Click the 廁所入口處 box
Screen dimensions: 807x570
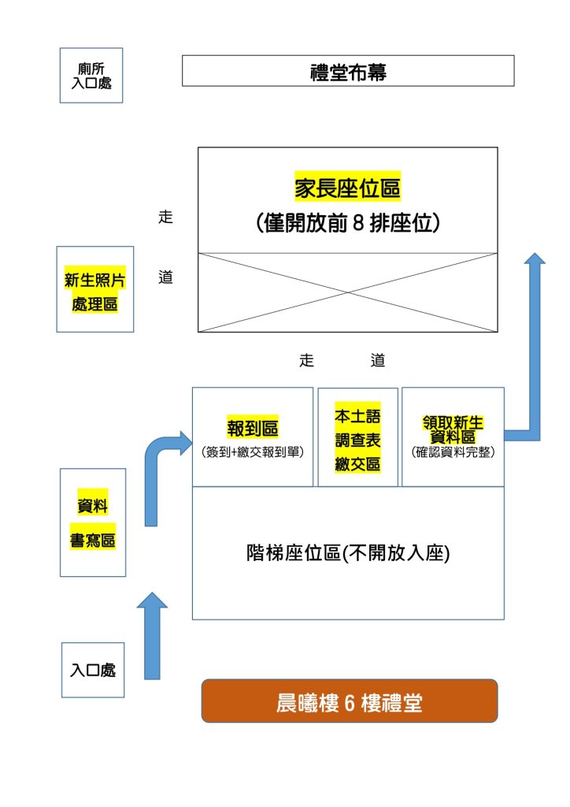(x=91, y=75)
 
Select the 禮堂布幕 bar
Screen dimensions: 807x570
(x=348, y=71)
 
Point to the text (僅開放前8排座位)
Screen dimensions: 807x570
(x=347, y=223)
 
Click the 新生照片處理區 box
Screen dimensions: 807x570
(x=95, y=288)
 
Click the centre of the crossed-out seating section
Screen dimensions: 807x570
(x=347, y=292)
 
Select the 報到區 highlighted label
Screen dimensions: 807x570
(x=252, y=427)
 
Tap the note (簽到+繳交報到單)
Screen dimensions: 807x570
(x=252, y=452)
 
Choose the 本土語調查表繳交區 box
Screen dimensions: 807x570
(x=357, y=437)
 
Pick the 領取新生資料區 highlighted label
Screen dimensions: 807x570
(x=452, y=430)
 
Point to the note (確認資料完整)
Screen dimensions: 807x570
(x=453, y=452)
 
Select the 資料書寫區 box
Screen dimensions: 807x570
(x=93, y=522)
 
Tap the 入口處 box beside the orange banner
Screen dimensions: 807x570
(x=93, y=670)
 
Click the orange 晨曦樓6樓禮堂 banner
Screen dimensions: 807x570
(x=350, y=701)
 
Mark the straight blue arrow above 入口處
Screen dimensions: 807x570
(x=152, y=634)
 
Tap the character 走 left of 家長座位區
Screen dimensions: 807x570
(x=165, y=218)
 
